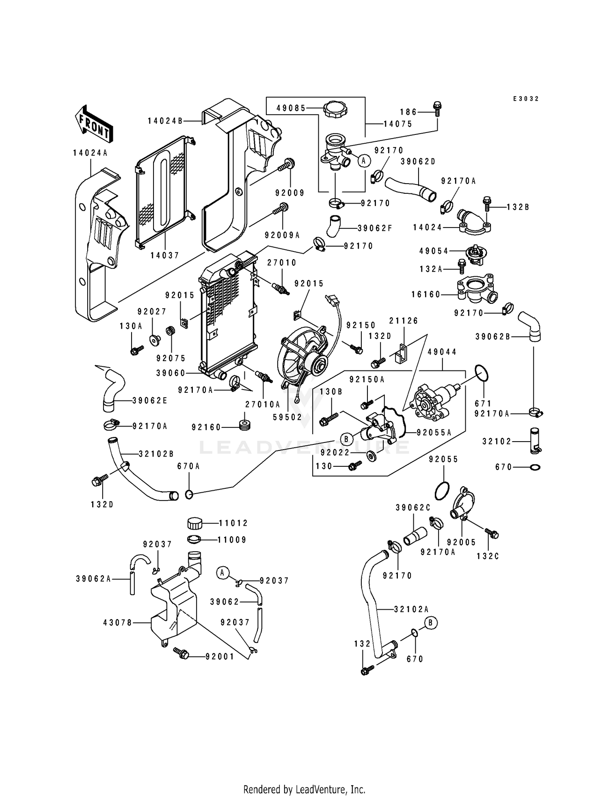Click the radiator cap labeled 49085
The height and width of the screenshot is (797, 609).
point(337,109)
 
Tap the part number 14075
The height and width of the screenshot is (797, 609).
point(398,124)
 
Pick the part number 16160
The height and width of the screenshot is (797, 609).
point(426,294)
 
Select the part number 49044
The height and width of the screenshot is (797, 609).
point(442,352)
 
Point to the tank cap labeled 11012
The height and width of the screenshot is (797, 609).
point(195,523)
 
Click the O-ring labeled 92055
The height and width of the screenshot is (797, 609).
point(442,492)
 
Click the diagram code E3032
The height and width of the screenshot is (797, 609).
point(526,99)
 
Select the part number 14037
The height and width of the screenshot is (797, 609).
point(165,255)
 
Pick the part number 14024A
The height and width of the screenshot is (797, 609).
point(90,153)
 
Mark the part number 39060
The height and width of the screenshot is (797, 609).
point(171,373)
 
